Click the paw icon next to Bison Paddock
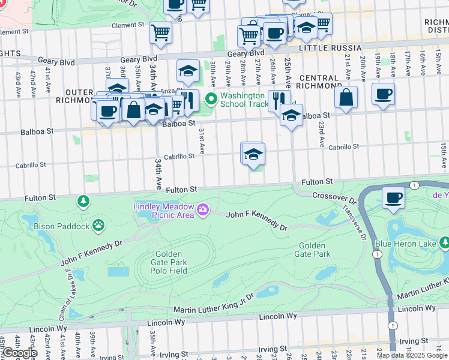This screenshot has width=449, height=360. pyautogui.click(x=98, y=226)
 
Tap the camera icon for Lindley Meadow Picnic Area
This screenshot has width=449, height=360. pyautogui.click(x=203, y=209)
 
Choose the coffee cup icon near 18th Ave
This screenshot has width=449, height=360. pyautogui.click(x=383, y=94)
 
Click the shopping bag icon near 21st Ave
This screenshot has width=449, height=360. pyautogui.click(x=346, y=97)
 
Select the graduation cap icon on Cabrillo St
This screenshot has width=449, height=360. pyautogui.click(x=253, y=154)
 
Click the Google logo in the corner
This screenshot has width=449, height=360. pyautogui.click(x=19, y=352)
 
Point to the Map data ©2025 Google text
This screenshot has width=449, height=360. pyautogui.click(x=412, y=355)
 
